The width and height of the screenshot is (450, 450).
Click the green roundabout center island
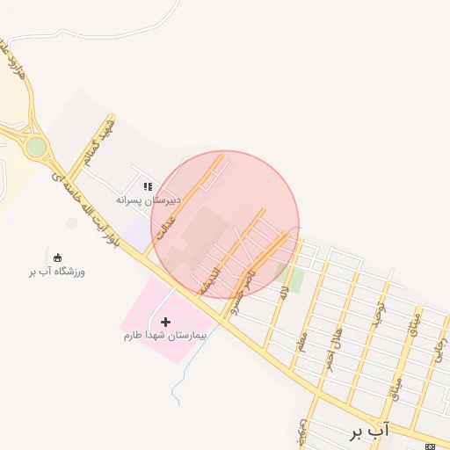36,147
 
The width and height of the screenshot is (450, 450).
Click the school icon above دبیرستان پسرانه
148,186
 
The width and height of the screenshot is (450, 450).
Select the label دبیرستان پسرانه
150,200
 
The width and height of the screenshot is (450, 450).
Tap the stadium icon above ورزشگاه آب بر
58,258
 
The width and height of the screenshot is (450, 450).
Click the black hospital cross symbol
165,322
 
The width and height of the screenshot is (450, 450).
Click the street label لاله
283,293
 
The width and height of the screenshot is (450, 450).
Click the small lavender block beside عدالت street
138,234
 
